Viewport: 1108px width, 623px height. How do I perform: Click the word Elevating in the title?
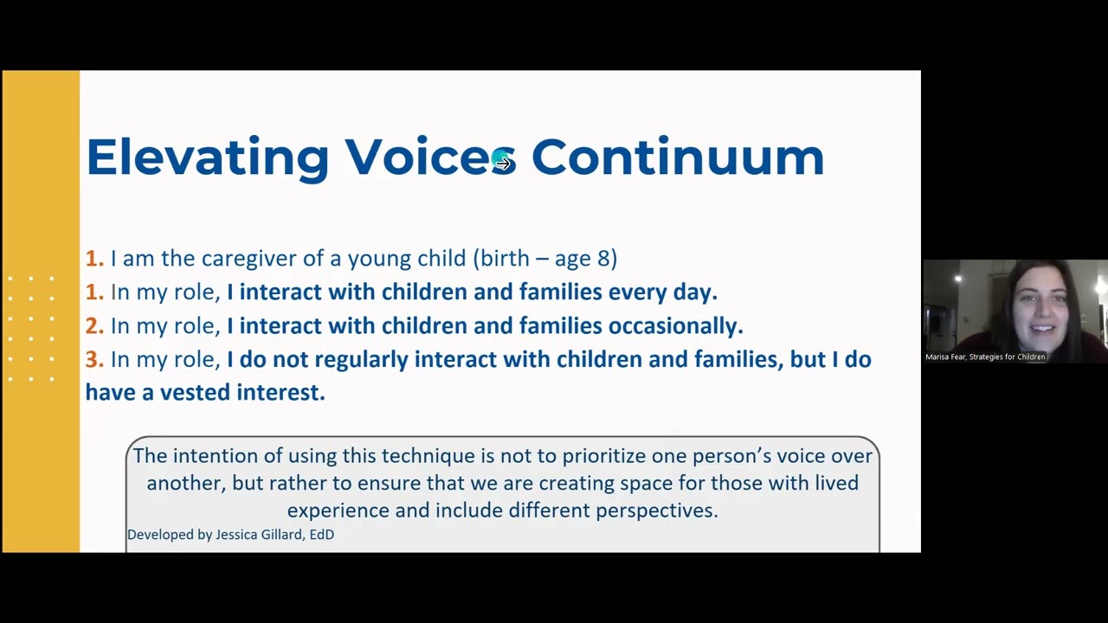[x=208, y=158]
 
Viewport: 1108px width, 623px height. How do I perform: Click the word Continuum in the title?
[x=678, y=157]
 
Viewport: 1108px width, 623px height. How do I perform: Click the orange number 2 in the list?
[x=94, y=326]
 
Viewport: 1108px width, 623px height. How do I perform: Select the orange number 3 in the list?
[x=94, y=359]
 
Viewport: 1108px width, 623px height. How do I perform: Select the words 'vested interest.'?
[x=243, y=393]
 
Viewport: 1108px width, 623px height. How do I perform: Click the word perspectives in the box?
[x=657, y=511]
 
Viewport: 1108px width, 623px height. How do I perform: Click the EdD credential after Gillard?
[x=322, y=535]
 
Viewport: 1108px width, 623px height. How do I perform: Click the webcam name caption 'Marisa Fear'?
[x=945, y=356]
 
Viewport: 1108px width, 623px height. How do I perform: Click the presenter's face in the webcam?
[x=1040, y=310]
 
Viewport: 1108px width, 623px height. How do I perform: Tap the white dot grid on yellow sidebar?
[x=31, y=329]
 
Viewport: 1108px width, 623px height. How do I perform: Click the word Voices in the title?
[x=430, y=157]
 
